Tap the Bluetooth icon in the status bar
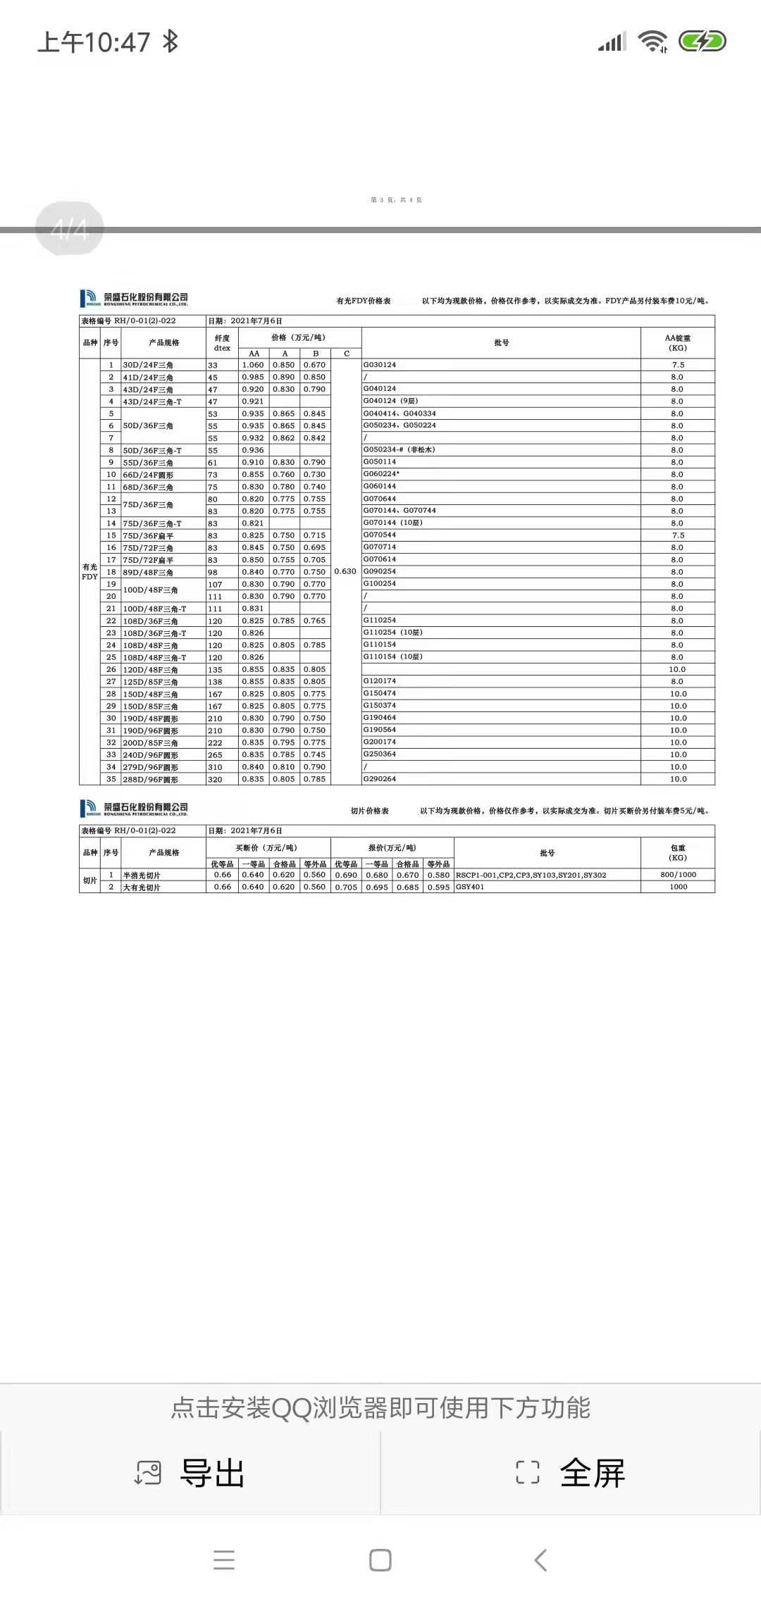(170, 42)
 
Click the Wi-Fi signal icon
(652, 42)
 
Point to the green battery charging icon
(702, 42)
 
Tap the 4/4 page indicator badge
(70, 228)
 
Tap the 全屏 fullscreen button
(571, 1472)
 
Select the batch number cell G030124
(380, 365)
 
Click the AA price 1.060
(253, 365)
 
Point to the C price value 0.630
(345, 571)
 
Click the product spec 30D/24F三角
(148, 365)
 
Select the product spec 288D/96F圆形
(151, 780)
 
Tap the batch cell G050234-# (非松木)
(399, 449)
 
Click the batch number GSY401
(470, 887)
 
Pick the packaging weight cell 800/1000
(678, 875)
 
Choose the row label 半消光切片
(142, 876)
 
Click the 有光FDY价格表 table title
(363, 301)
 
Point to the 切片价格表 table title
(370, 811)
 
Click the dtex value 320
(215, 780)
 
